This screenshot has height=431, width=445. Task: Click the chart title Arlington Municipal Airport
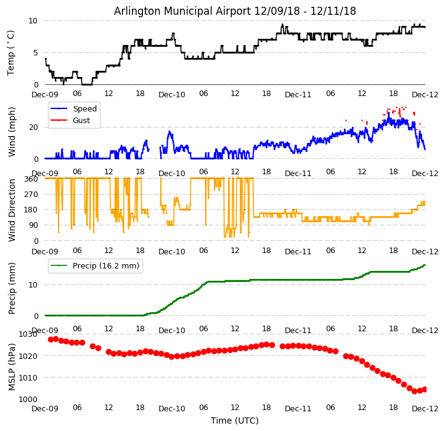[x=235, y=11]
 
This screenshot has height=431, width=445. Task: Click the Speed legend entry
[x=84, y=109]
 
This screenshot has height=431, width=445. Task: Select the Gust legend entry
[x=81, y=121]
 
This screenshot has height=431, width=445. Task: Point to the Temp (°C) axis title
[x=11, y=52]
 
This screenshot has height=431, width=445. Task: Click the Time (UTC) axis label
[x=235, y=421]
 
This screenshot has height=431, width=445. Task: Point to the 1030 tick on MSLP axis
[x=28, y=334]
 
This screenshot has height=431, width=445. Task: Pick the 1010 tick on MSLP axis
[x=28, y=377]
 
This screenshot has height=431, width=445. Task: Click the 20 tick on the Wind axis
[x=35, y=127]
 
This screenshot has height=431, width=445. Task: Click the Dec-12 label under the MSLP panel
[x=425, y=408]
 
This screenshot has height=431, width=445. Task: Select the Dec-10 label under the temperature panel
[x=171, y=94]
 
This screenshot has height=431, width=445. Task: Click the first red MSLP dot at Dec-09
[x=51, y=339]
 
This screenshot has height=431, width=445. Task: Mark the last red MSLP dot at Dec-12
[x=425, y=389]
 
